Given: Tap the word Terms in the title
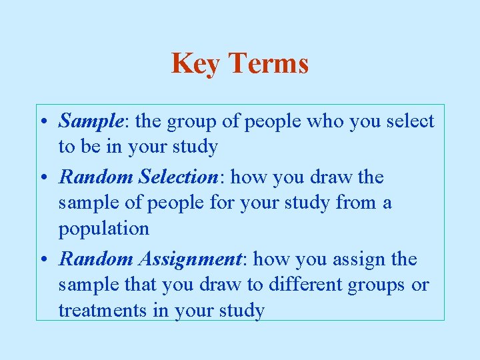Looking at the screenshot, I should coord(269,63).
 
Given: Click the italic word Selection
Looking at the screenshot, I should coord(177,177).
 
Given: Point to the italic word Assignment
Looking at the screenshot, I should coord(198,259).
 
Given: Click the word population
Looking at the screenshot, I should coord(104,229).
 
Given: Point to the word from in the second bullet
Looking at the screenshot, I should coord(353,203).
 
